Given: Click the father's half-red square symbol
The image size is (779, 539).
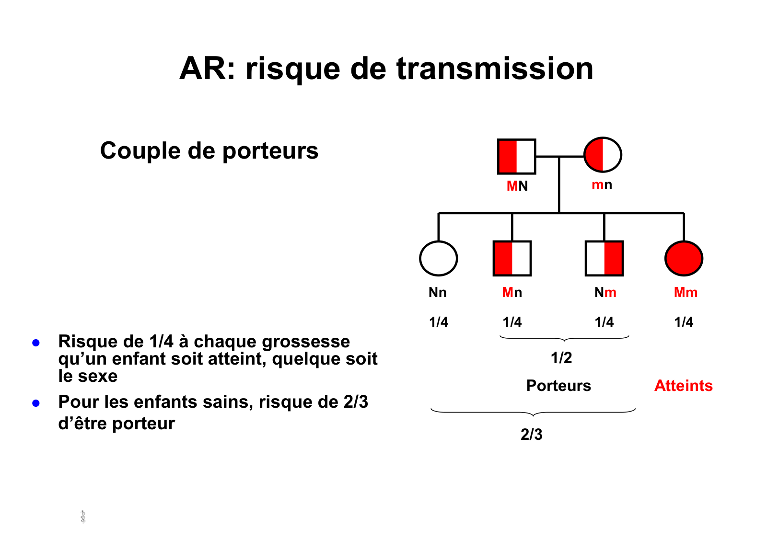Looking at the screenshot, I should (x=516, y=157).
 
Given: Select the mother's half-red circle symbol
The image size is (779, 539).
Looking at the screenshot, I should (x=603, y=155).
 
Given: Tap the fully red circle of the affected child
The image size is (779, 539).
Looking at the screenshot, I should (x=684, y=258).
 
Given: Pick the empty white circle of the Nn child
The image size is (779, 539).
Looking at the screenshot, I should (x=438, y=258).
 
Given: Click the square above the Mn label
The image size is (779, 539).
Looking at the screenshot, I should (x=512, y=258).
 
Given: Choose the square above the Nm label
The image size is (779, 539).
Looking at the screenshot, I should (x=604, y=258).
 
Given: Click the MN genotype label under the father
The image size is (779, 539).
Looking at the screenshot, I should (x=517, y=186).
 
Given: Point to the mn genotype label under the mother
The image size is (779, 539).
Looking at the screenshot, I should (x=602, y=185).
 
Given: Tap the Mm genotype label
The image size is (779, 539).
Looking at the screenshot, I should (x=686, y=292).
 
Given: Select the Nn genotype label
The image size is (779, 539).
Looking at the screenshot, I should (x=437, y=292).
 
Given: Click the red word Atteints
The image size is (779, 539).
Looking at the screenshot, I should (x=683, y=386).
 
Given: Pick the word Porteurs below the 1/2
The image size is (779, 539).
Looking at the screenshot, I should (x=558, y=386).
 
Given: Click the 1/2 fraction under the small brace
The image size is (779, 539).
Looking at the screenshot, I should (x=561, y=358).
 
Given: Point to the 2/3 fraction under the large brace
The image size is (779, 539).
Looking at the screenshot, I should (x=532, y=435).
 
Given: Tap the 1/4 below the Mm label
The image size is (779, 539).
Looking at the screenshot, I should (x=684, y=322).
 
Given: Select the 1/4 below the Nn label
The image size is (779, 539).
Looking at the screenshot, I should (x=438, y=322).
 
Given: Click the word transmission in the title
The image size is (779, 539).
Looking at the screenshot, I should (x=495, y=69).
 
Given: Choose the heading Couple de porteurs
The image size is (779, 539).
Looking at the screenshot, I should (x=209, y=151).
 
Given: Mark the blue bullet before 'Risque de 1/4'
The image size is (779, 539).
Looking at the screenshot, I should (x=36, y=343).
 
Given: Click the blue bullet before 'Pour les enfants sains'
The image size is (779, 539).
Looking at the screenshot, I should (x=36, y=403).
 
